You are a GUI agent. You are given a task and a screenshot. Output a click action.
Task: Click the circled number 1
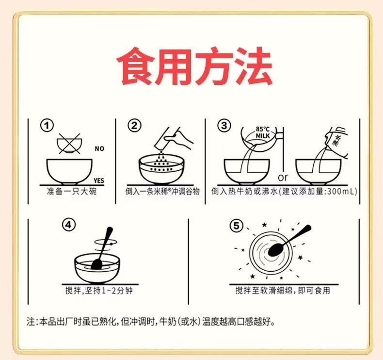click(47, 126)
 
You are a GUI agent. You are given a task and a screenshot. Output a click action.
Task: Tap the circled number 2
click(134, 126)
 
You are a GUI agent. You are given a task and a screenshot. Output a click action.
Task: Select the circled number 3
click(224, 126)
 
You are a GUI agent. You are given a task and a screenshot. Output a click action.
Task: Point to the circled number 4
click(69, 225)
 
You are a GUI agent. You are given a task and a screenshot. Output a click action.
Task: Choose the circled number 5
click(236, 226)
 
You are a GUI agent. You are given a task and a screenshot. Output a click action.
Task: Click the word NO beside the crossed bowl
click(99, 148)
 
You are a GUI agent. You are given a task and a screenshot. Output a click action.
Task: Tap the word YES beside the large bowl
click(99, 180)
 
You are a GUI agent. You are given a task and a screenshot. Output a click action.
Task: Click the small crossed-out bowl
click(69, 144)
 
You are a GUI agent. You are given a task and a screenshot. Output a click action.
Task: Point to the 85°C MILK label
click(263, 132)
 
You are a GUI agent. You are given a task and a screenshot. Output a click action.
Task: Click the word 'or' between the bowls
click(283, 178)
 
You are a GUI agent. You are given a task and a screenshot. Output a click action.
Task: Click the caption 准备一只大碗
click(72, 191)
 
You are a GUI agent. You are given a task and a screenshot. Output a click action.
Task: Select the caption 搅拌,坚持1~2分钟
click(99, 291)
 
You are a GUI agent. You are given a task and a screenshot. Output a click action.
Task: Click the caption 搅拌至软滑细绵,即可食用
click(283, 290)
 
